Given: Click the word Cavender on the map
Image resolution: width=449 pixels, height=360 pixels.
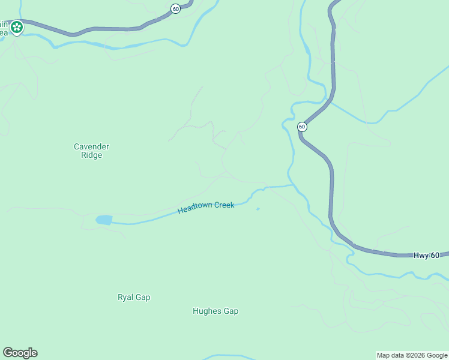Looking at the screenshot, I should point(91,146).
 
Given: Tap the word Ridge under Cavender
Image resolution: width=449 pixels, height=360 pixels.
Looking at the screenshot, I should point(91,155).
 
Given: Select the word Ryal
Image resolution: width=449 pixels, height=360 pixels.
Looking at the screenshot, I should point(125,297).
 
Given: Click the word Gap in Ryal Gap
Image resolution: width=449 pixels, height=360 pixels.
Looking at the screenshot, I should point(143,297).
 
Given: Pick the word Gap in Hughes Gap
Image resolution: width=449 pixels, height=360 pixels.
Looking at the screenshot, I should point(231,311).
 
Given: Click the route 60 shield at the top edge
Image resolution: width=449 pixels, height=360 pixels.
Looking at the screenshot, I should point(175,8).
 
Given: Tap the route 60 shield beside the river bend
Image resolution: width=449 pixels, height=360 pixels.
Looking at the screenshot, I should point(302,127).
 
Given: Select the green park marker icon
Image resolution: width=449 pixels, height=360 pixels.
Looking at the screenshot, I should point(17,26).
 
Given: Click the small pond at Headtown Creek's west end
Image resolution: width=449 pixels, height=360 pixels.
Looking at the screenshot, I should point(104,220).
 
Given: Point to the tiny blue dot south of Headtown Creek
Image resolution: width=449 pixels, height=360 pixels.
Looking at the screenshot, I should point(258,209).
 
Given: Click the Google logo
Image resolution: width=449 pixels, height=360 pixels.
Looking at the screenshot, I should point(20,353).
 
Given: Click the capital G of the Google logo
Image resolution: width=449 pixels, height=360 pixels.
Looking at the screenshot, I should point(7,352).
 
